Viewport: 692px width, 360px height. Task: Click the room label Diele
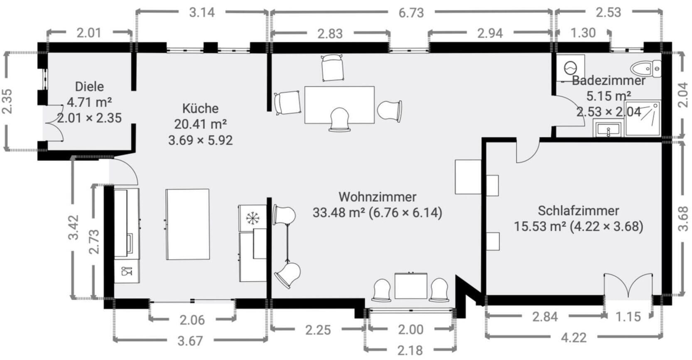point(89,86)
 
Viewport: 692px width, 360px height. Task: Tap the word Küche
point(200,108)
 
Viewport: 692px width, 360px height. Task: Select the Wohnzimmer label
point(377,197)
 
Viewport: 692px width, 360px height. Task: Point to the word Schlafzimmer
point(578,211)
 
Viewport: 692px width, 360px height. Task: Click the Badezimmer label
point(609,81)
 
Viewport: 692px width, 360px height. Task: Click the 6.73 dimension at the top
point(411,13)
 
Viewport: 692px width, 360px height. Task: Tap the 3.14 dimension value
point(202,12)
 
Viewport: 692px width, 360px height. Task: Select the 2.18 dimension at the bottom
point(410,350)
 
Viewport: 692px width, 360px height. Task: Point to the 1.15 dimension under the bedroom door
point(628,316)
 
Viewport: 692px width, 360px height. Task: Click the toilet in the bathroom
point(645,69)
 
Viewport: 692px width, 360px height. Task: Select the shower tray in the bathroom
point(643,118)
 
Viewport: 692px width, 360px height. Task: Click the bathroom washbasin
point(608,129)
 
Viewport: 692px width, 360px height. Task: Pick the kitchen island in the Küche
point(187,225)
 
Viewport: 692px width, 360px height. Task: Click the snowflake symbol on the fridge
point(253,218)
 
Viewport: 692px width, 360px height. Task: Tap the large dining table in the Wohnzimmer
point(339,105)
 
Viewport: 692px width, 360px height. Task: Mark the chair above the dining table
point(332,68)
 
